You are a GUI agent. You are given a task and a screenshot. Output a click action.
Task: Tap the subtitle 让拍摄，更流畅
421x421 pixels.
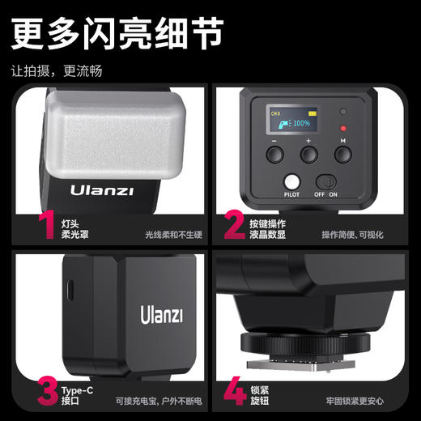pyautogui.click(x=57, y=70)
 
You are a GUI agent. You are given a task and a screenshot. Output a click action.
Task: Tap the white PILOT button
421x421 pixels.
pyautogui.click(x=291, y=183)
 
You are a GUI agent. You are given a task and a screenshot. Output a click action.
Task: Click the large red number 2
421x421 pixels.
pyautogui.click(x=234, y=225)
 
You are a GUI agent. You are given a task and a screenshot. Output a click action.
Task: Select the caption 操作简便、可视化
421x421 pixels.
pyautogui.click(x=353, y=234)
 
